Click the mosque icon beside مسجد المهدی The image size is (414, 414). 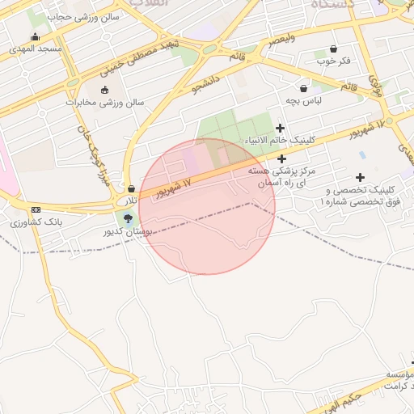(35, 37)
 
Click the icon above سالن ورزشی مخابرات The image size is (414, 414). (104, 90)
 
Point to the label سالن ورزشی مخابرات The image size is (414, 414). (104, 103)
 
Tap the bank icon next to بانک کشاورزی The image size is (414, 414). (36, 210)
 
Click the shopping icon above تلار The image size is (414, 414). (131, 188)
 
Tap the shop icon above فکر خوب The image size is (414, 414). (333, 49)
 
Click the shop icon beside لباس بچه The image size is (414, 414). (304, 89)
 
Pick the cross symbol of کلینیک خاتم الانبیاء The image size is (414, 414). (281, 128)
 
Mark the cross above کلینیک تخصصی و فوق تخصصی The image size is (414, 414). (360, 177)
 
